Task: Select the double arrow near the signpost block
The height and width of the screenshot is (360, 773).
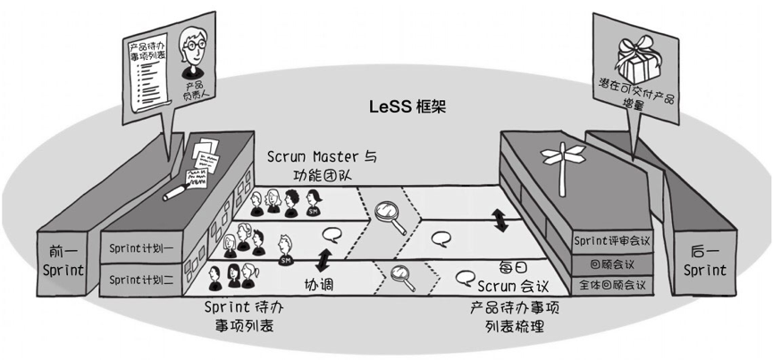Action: pos(501,220)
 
